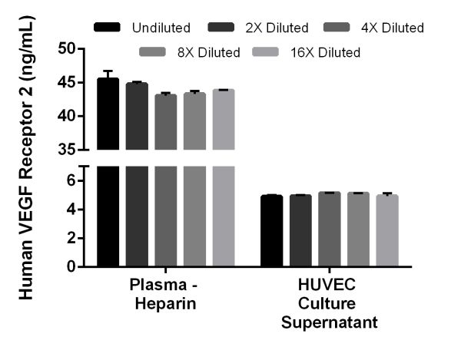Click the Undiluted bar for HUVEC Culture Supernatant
(x=271, y=231)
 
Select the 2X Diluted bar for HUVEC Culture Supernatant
(x=300, y=231)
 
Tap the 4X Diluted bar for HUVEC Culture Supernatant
(x=329, y=230)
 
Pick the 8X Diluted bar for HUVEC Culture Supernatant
(x=358, y=230)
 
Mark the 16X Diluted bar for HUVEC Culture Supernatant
(x=387, y=231)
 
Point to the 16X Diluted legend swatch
(x=267, y=52)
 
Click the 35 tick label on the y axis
(x=76, y=150)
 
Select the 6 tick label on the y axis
(x=71, y=180)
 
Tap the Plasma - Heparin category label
(x=163, y=294)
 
